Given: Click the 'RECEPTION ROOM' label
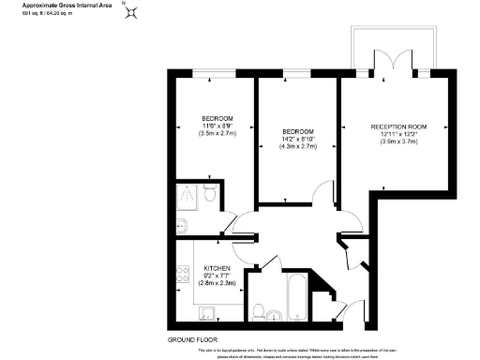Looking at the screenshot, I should (x=397, y=127).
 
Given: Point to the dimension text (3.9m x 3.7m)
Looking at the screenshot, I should (x=397, y=143).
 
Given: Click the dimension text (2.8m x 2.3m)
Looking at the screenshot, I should (x=217, y=282).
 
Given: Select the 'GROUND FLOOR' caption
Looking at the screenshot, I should (x=192, y=338).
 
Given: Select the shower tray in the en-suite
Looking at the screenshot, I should (x=188, y=196).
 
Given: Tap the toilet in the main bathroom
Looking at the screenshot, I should (x=260, y=311).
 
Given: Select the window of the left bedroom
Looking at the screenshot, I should (x=212, y=72).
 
